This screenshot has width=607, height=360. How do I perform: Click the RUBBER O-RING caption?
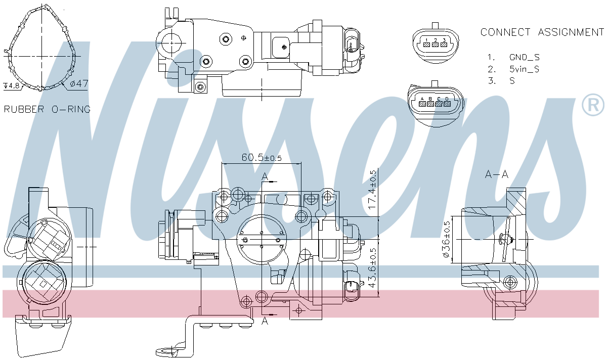47,109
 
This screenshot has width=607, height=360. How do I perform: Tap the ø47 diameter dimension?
79,84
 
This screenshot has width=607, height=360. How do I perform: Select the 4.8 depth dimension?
12,85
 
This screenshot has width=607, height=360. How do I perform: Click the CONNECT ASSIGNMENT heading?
542,32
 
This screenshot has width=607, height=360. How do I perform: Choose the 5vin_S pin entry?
524,69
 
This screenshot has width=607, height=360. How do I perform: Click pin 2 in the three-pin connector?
435,43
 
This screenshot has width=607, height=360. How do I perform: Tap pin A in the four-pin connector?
422,103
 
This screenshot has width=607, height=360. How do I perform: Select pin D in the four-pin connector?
447,103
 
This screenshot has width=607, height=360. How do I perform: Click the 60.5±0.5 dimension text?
261,158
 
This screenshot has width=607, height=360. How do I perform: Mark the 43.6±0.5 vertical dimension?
373,268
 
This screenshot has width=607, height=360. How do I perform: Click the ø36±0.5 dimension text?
446,240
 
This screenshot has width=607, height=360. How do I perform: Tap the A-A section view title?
497,175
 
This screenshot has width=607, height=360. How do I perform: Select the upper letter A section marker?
264,176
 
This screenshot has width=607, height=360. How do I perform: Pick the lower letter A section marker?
264,321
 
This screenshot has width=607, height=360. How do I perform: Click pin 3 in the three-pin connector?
444,43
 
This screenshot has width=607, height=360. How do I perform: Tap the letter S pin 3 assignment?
512,81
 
